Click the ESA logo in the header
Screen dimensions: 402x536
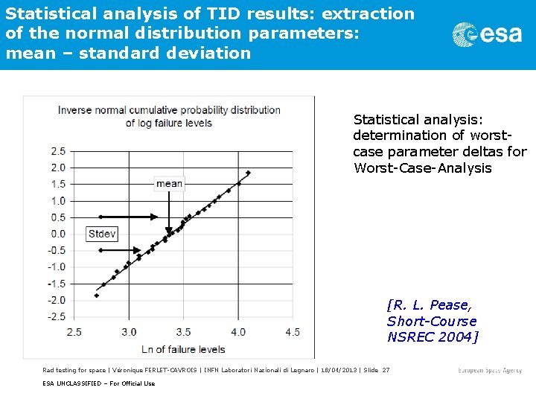tap(487, 34)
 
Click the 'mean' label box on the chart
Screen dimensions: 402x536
tap(169, 183)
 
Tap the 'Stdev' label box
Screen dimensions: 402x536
tap(102, 234)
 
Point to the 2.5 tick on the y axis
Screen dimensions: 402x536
tap(57, 151)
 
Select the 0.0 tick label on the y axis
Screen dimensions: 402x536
tap(57, 234)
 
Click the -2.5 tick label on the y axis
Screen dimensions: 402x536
tap(56, 316)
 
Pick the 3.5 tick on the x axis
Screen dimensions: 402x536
tap(183, 332)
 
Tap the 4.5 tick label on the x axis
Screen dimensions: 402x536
tap(293, 332)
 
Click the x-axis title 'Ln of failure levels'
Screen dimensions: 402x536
tap(183, 348)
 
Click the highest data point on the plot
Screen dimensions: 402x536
tap(249, 173)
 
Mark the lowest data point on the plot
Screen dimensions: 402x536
tap(96, 296)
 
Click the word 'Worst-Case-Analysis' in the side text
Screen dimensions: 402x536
tap(423, 168)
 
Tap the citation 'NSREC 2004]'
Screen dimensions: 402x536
tap(433, 337)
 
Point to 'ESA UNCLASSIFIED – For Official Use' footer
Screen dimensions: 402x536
tap(98, 383)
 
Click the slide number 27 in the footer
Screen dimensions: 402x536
tap(386, 370)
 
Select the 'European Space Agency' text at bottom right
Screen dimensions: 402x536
tap(490, 370)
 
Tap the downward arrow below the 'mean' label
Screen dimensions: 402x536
tap(169, 212)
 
